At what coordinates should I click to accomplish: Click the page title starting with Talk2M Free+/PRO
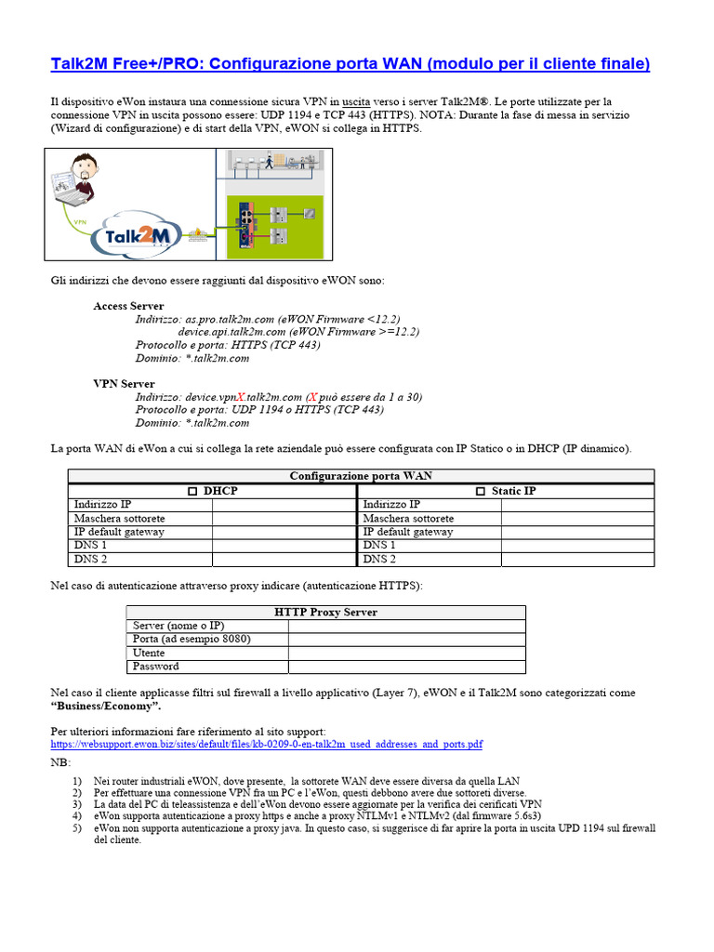350,64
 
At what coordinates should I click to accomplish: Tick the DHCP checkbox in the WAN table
192,491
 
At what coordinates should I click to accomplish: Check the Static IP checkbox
481,491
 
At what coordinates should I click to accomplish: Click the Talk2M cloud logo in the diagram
137,237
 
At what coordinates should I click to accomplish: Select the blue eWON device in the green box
245,226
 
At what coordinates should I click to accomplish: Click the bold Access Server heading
128,306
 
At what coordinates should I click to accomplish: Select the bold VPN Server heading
124,384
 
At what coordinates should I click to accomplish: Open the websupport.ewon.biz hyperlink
266,745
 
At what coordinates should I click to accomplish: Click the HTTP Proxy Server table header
325,613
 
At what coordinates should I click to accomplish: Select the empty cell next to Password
406,667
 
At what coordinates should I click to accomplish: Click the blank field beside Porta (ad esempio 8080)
406,640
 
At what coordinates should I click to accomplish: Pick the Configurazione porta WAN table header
360,476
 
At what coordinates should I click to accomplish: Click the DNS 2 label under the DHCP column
90,560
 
